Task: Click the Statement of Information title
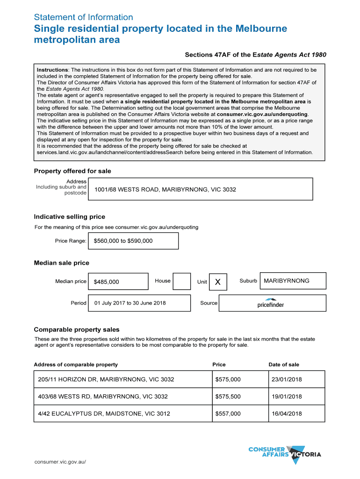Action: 83,17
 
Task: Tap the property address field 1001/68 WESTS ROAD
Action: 200,189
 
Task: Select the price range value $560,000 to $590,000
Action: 134,241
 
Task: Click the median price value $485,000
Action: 118,282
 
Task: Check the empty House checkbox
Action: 182,282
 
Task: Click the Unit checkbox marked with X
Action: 218,282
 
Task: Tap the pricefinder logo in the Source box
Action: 270,303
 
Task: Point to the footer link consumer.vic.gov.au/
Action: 60,462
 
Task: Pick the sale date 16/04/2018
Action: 296,414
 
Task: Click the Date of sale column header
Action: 284,364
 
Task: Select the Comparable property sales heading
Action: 77,329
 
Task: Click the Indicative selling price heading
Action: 70,217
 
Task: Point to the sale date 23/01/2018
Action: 296,379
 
